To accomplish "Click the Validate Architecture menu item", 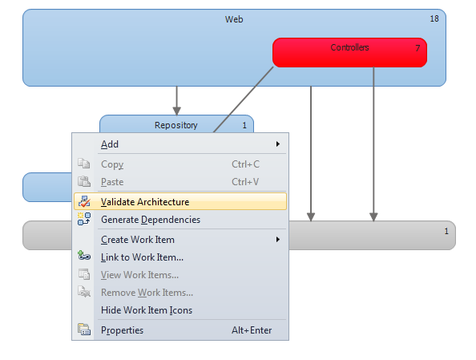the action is tap(180, 201).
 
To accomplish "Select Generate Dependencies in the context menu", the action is tap(151, 220).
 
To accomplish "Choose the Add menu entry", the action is tap(110, 144).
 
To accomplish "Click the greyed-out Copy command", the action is tap(112, 164).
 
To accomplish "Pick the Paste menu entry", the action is tap(112, 182).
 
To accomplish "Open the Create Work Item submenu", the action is tap(138, 240).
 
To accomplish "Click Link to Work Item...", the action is tap(142, 257).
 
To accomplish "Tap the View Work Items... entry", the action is tap(139, 275).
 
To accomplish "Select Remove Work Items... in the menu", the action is tap(147, 293).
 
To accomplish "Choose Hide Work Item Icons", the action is tap(147, 309).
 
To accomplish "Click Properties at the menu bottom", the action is tap(122, 330).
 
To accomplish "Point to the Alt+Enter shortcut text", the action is tap(252, 330).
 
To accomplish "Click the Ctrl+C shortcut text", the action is tap(245, 164).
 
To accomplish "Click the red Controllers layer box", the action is tap(349, 53).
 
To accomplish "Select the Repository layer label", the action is tap(176, 125).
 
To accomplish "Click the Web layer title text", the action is tap(234, 19).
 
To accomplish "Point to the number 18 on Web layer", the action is tap(434, 18).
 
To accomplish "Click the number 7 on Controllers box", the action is tap(418, 48).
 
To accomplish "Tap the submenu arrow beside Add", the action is tap(278, 144).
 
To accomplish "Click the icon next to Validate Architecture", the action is tap(84, 201).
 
